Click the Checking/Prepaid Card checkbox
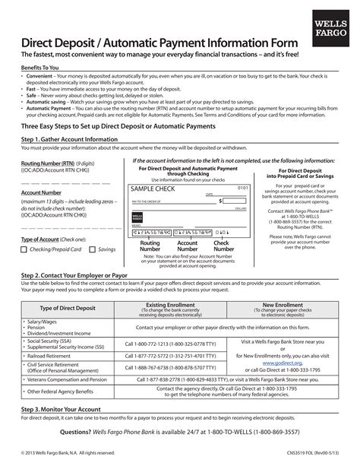(x=24, y=249)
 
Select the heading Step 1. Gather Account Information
(x=69, y=140)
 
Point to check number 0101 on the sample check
(x=242, y=187)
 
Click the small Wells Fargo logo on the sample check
(x=137, y=217)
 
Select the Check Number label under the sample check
(x=223, y=246)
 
